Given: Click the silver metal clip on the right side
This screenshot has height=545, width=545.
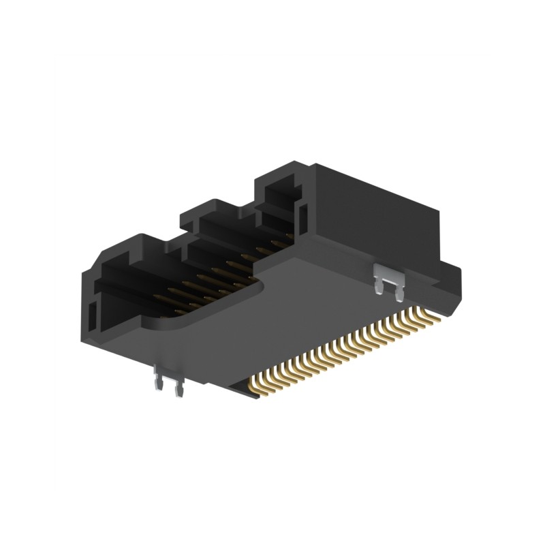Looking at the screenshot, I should [x=388, y=281].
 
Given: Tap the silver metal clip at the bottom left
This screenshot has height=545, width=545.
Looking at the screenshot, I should [x=168, y=381].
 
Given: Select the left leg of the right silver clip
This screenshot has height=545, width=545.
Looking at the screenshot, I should [x=379, y=286].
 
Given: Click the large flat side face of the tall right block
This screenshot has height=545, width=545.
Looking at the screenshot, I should [x=381, y=218].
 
